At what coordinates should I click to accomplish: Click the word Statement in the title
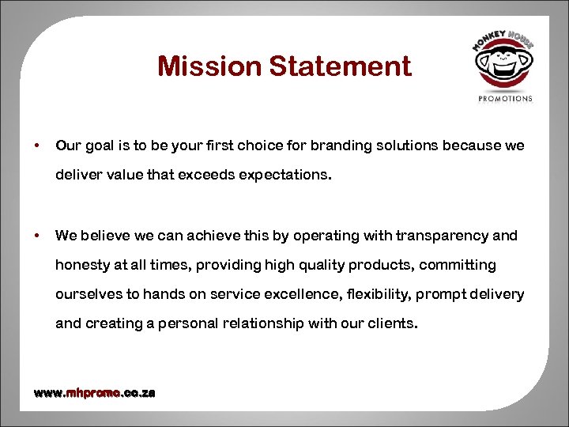pos(340,66)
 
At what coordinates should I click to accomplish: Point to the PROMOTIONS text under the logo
pos(506,99)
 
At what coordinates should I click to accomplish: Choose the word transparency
pos(447,235)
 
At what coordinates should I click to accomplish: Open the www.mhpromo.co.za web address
pos(94,393)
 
